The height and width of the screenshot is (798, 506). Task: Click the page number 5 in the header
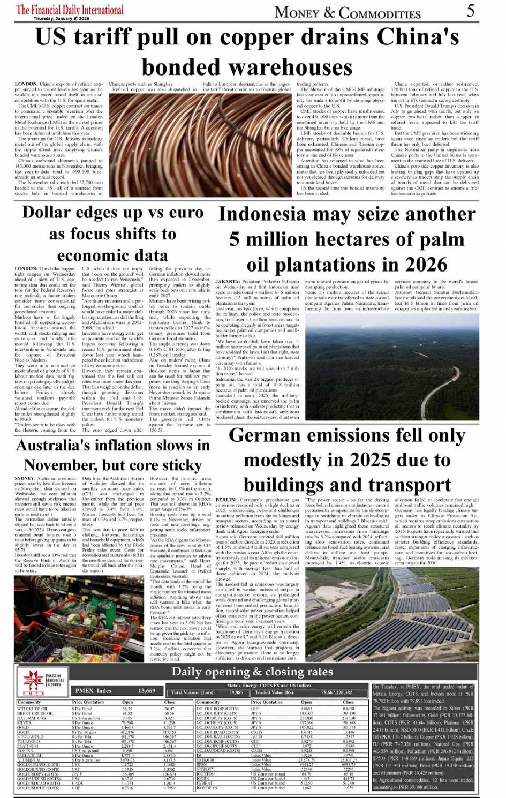[x=471, y=10]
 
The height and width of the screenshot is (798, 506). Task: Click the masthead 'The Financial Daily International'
[x=70, y=10]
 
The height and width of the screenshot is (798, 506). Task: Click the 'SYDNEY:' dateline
[x=25, y=478]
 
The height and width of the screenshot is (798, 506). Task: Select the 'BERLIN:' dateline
[x=226, y=500]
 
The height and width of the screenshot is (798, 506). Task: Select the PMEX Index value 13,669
[x=147, y=691]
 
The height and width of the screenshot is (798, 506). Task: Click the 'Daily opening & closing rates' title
[x=252, y=672]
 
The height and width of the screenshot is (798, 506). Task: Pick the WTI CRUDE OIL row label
[x=33, y=709]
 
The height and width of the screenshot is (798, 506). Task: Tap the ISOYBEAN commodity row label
[x=208, y=788]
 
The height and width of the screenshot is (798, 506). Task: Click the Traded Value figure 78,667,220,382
[x=336, y=692]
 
